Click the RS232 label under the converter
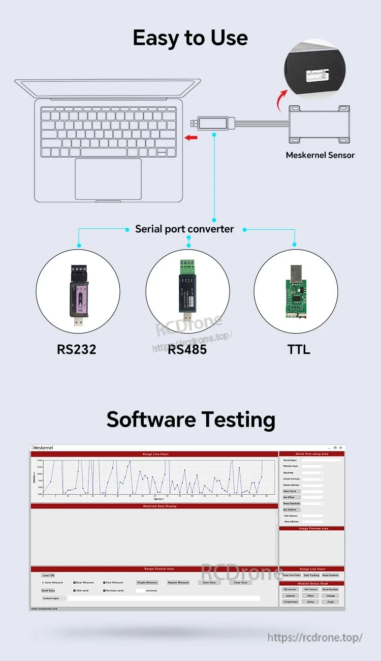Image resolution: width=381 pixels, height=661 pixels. point(76,349)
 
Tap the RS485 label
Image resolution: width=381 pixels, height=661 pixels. point(187,349)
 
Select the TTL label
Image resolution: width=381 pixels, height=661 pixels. point(298,349)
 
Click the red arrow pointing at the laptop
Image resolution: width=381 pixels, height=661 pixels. point(190,137)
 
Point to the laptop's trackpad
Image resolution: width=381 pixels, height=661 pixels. point(108,179)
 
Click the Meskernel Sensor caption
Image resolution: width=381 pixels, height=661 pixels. point(320,155)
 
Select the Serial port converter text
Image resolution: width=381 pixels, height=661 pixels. point(184,229)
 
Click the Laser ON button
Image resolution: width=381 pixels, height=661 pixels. point(48,575)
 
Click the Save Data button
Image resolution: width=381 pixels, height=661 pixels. point(209,582)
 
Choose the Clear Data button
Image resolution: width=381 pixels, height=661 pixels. point(240,582)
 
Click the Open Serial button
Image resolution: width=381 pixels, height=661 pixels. point(290,491)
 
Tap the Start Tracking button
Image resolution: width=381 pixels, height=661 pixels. point(311,575)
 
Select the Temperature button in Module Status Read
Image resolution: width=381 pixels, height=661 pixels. point(291,602)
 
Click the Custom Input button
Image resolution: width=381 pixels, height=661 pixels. point(51,598)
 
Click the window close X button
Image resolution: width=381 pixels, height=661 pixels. point(340,447)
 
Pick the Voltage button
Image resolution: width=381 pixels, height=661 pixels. point(330,595)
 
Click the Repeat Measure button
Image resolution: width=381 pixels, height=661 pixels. point(178,582)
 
